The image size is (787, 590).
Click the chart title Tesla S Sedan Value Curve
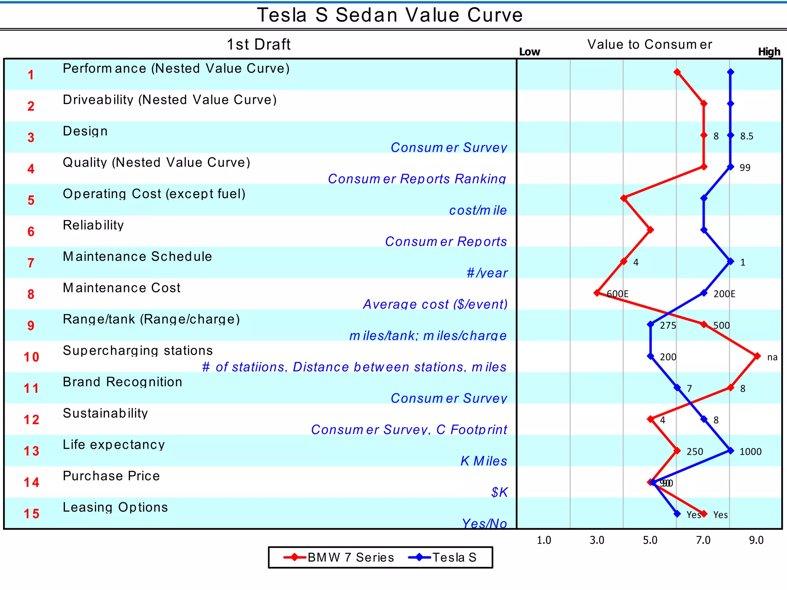(390, 15)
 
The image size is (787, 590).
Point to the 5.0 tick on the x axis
(650, 540)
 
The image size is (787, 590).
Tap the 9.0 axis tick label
(756, 540)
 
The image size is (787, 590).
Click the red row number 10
(31, 357)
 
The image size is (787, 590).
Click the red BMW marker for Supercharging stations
(757, 356)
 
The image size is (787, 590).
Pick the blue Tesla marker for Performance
(731, 72)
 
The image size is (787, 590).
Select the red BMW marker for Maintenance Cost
(597, 293)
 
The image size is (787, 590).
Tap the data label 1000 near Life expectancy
(750, 452)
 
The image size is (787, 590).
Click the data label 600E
(618, 294)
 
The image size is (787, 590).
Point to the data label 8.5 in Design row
(747, 136)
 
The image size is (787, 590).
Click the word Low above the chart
(529, 52)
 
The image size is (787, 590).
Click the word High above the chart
(769, 52)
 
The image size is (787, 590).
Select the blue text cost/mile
(478, 210)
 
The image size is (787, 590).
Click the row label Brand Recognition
(123, 382)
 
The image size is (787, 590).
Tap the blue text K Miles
(484, 461)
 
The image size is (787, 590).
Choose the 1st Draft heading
(259, 45)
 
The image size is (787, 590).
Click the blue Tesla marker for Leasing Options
(677, 514)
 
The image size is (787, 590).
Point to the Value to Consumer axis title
(649, 45)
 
